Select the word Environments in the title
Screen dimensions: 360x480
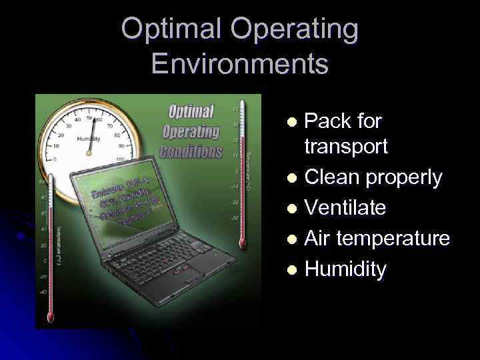(239, 64)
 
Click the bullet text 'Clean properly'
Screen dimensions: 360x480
(373, 177)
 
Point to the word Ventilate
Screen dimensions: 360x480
(345, 208)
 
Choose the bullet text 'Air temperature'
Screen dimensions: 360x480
(377, 239)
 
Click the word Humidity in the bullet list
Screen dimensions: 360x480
(345, 269)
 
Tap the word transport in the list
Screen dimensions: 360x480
(345, 147)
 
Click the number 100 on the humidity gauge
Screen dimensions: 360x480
(120, 159)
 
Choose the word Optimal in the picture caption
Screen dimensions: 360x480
(191, 111)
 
